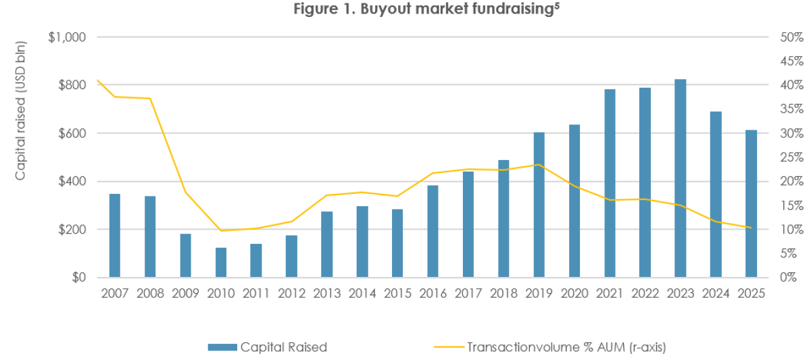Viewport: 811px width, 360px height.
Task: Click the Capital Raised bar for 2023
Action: [681, 178]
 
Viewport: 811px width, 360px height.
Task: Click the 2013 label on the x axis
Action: [327, 294]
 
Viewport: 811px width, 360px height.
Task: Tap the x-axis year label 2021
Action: [610, 294]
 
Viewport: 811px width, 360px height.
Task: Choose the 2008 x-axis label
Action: [150, 294]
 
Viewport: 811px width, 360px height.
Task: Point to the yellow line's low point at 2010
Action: [221, 230]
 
